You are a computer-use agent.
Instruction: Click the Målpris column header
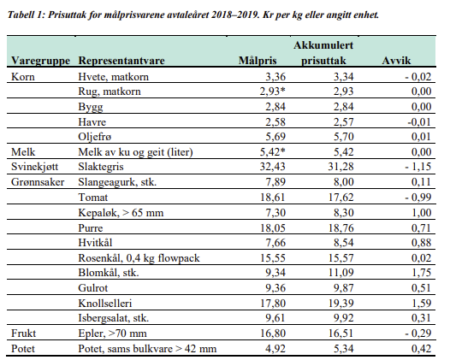(x=258, y=61)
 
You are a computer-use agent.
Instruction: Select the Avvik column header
(x=396, y=61)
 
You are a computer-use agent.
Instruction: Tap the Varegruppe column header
(x=40, y=61)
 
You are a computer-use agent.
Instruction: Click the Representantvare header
(x=121, y=61)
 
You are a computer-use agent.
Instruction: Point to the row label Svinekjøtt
(x=34, y=167)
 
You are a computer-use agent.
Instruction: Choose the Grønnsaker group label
(x=38, y=182)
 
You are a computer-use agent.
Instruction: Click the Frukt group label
(x=24, y=333)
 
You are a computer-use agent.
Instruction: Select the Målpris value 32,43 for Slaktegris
(x=273, y=167)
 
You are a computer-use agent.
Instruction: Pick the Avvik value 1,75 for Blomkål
(x=421, y=272)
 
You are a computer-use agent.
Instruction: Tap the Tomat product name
(x=93, y=198)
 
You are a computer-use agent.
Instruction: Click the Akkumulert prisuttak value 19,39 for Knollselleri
(x=340, y=304)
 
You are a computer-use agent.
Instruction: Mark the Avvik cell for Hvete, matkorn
(x=418, y=77)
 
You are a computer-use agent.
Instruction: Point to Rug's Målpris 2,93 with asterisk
(x=273, y=91)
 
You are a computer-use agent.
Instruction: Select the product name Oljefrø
(x=94, y=137)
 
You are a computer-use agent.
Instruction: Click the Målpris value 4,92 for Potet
(x=275, y=349)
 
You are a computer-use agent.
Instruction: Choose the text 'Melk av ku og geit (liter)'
(x=135, y=152)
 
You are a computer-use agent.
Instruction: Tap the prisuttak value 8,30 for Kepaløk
(x=343, y=213)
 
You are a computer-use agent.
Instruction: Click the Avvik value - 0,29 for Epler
(x=418, y=333)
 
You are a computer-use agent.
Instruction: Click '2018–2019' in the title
(x=235, y=15)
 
